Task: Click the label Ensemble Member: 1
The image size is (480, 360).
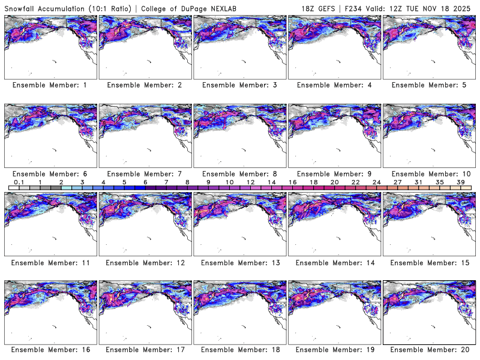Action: [x=50, y=85]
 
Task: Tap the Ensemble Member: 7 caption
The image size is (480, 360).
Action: [x=145, y=173]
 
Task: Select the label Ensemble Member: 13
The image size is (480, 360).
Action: [x=239, y=262]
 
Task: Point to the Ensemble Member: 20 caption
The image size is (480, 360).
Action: [x=428, y=350]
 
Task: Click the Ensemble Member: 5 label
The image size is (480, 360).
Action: [x=428, y=85]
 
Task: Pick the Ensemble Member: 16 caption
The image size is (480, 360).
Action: [x=50, y=350]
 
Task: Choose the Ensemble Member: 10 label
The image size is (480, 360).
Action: [x=428, y=173]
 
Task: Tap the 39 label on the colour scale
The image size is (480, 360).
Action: [x=460, y=182]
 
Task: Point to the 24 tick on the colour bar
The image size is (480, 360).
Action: [x=376, y=182]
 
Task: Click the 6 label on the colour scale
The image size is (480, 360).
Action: [x=145, y=182]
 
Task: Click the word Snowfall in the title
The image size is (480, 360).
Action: [x=22, y=8]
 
